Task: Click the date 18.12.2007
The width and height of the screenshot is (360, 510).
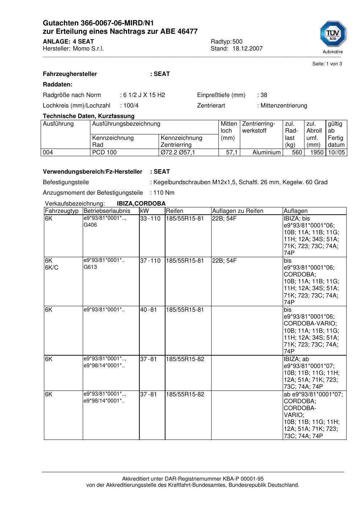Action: (x=247, y=49)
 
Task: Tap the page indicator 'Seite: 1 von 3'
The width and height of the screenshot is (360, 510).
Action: (x=327, y=64)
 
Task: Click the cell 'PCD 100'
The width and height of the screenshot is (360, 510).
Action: (x=105, y=153)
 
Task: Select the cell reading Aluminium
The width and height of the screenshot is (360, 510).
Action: (x=266, y=153)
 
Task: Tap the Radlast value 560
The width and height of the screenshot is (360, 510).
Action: (x=297, y=153)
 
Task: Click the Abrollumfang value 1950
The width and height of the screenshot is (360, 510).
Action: (x=316, y=153)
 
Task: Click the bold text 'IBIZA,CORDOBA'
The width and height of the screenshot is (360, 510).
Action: (x=141, y=204)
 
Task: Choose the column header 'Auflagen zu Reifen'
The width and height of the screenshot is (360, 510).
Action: (x=238, y=211)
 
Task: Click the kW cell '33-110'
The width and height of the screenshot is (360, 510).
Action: (x=150, y=219)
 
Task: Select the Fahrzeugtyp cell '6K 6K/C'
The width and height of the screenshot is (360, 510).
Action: (x=52, y=264)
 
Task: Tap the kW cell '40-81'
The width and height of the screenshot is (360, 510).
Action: (x=148, y=310)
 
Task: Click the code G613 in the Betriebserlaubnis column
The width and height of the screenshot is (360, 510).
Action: (x=90, y=267)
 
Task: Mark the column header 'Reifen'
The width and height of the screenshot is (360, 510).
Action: (x=175, y=211)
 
